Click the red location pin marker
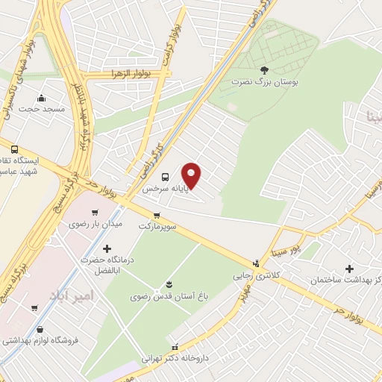point(192,175)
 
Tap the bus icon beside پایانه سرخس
point(165,177)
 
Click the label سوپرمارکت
point(157,225)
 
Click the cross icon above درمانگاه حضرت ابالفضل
point(107,248)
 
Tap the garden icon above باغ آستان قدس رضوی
point(169,284)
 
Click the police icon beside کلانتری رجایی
point(257,263)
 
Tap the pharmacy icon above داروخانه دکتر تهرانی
point(175,347)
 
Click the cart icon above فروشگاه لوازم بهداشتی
point(34,307)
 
